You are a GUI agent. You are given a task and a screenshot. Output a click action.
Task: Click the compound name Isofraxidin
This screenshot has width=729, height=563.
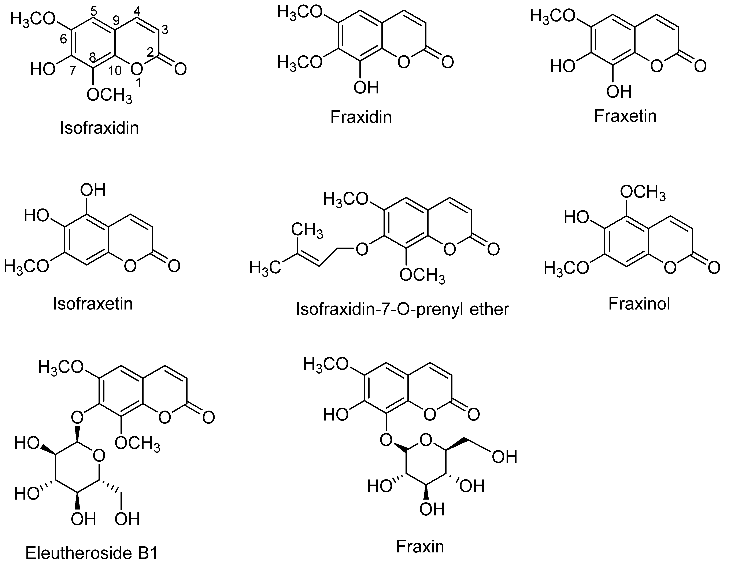tap(99, 128)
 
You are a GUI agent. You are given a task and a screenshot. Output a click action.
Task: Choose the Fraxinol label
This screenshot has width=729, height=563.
tap(639, 304)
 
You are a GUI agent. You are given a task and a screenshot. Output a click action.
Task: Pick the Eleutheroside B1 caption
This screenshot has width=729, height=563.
tap(92, 553)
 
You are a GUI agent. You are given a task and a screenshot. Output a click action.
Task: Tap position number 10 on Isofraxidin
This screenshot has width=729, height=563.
tap(115, 71)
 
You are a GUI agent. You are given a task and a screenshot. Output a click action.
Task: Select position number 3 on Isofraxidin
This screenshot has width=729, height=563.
tap(164, 30)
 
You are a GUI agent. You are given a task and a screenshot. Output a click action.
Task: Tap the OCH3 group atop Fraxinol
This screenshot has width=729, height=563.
tap(643, 193)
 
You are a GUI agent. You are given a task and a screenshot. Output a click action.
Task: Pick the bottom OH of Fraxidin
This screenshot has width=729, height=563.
tap(366, 88)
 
